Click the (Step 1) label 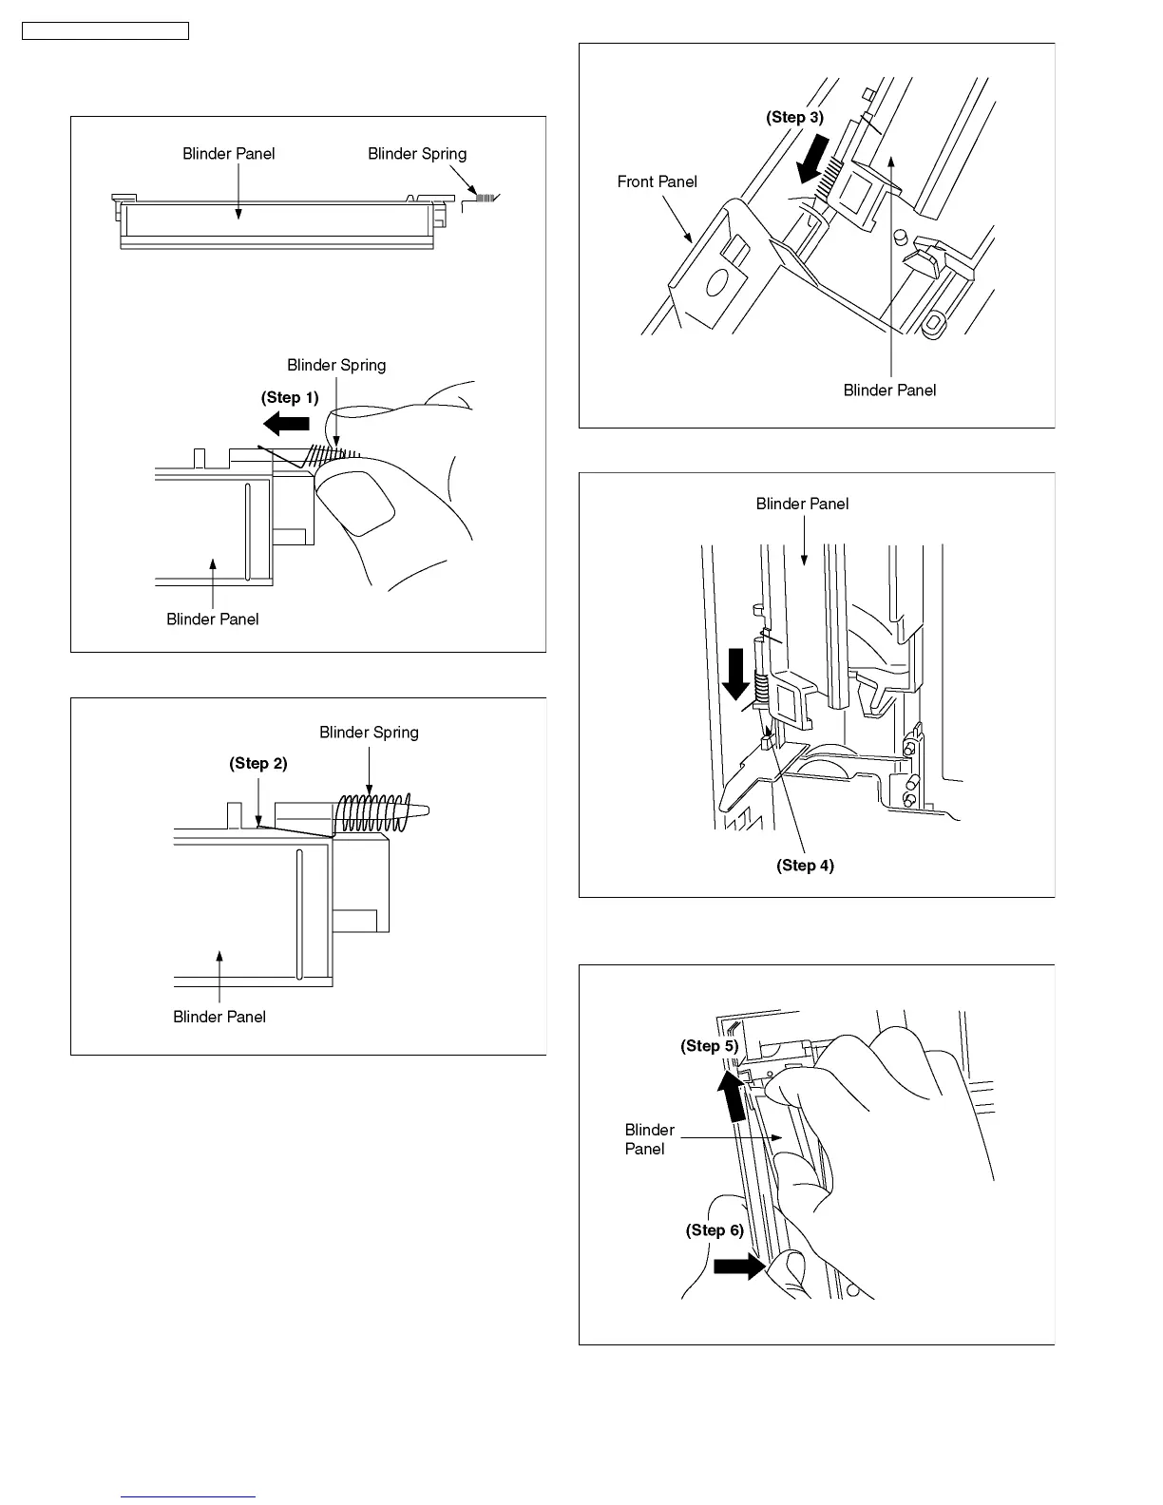click(x=290, y=397)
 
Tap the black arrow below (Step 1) click(x=286, y=423)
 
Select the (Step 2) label click(x=257, y=763)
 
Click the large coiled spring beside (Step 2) click(x=374, y=811)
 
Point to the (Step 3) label click(x=794, y=117)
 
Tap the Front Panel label click(x=657, y=181)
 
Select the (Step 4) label click(x=805, y=865)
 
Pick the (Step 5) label click(x=709, y=1045)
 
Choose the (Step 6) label click(x=715, y=1229)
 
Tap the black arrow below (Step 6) click(x=739, y=1266)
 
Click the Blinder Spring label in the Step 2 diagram click(x=369, y=732)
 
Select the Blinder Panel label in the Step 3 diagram click(x=889, y=390)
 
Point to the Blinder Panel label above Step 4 click(x=802, y=504)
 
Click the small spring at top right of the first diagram click(x=486, y=198)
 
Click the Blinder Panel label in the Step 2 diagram click(x=219, y=1017)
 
